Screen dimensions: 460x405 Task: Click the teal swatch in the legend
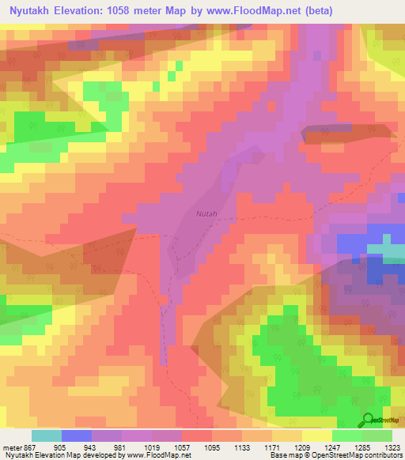pos(47,435)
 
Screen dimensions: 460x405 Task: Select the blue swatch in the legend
pos(77,435)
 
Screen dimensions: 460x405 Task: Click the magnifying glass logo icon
pos(368,419)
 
